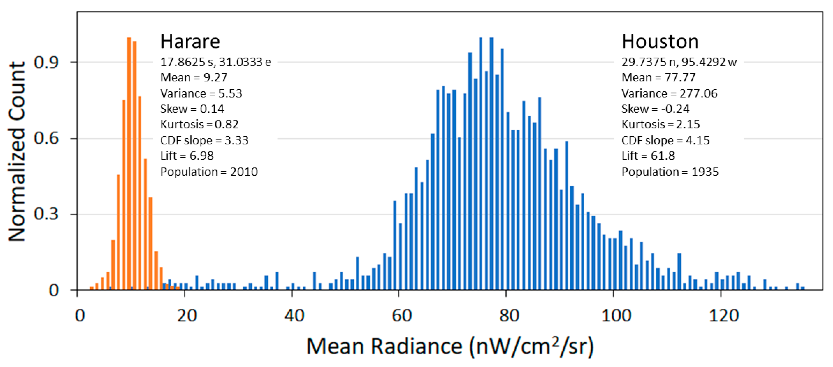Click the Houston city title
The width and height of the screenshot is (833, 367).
pos(660,42)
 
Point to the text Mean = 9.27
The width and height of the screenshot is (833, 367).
pos(194,77)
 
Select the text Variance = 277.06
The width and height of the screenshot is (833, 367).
pos(669,93)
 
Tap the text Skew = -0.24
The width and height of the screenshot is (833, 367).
pos(655,109)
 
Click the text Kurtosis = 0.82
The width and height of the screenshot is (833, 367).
pos(199,124)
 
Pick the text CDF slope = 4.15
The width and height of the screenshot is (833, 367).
pos(665,140)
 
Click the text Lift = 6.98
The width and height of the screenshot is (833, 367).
pos(187,156)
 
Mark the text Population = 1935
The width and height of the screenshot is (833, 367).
pos(670,172)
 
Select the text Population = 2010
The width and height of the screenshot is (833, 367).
pos(209,172)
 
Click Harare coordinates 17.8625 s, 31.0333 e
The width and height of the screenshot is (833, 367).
pos(215,62)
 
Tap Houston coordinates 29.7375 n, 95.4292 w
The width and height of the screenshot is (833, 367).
pos(679,62)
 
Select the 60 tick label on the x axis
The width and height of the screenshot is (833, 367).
pos(401,315)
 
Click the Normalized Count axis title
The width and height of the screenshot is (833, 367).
pos(17,151)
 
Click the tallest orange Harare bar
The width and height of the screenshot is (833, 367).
pos(129,164)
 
